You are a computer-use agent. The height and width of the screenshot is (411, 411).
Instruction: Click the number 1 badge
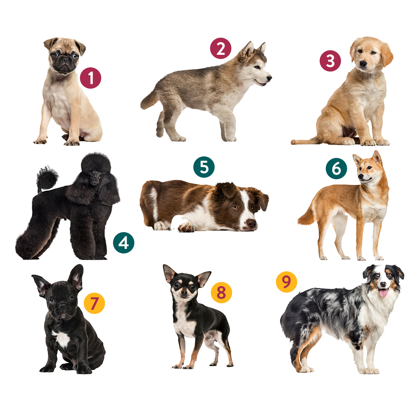tap(91, 78)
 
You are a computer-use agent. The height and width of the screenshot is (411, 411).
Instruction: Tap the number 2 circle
tap(221, 48)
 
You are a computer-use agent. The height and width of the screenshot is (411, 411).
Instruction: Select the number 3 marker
tap(330, 61)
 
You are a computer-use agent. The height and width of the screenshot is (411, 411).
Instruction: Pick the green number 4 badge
tap(124, 243)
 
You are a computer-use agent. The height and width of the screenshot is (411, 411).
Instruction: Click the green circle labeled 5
tap(204, 167)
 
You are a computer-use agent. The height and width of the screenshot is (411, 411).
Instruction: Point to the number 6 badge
tap(336, 169)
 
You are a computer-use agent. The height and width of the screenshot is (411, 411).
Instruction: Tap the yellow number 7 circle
tap(94, 303)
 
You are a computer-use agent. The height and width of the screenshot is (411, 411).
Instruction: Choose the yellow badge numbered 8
tap(221, 293)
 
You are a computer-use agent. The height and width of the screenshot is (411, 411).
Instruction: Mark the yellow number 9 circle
tap(287, 282)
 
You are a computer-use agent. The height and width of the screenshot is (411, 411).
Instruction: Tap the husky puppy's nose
tap(269, 78)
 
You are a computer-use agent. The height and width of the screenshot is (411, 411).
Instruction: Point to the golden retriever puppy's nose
tap(363, 64)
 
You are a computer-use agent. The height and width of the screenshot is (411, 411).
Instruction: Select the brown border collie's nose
tap(251, 224)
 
